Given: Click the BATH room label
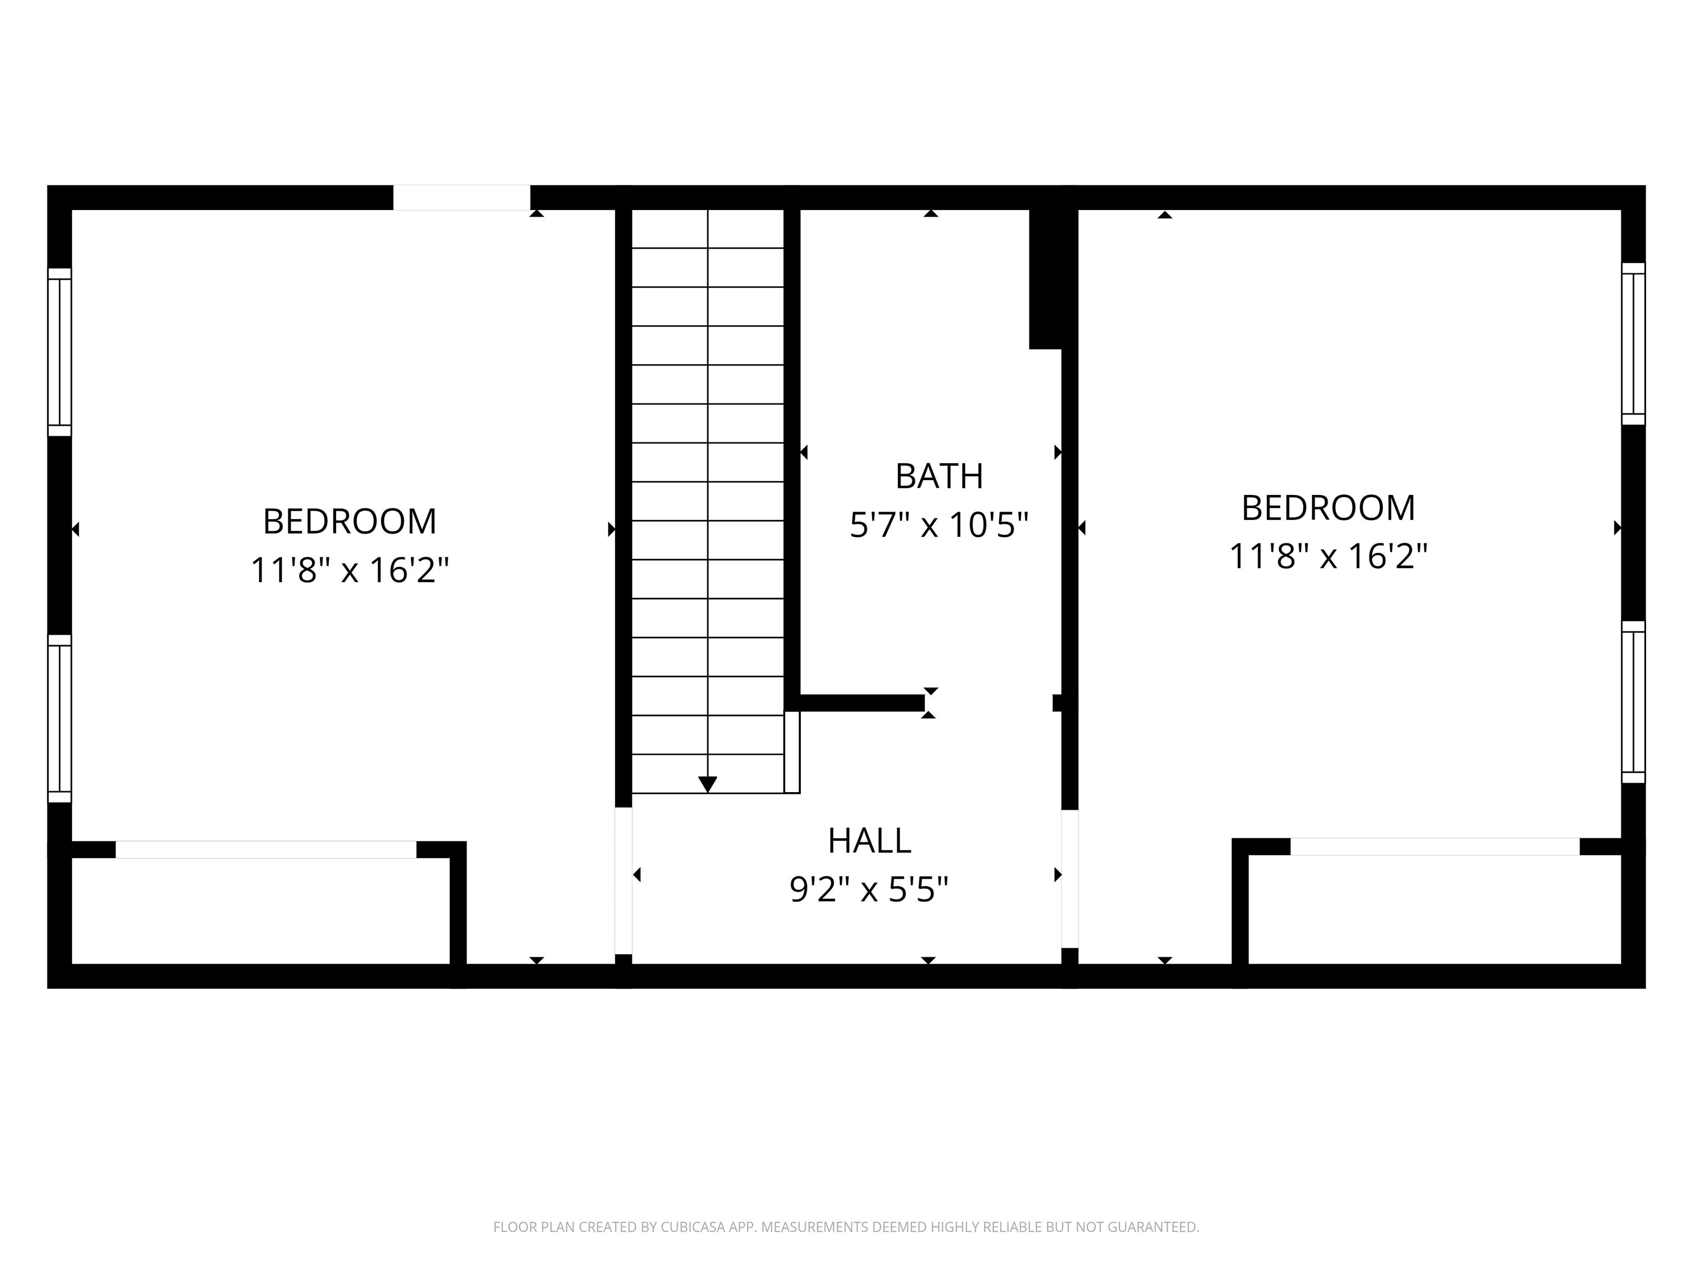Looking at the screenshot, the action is (939, 476).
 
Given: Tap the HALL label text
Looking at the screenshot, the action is (870, 841).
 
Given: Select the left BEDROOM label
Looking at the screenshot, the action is (350, 521).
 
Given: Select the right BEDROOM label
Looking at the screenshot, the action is (1328, 508).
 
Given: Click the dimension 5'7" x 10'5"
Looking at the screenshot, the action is (939, 525).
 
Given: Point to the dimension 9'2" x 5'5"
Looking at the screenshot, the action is (870, 890).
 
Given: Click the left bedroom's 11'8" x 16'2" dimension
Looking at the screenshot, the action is (350, 571).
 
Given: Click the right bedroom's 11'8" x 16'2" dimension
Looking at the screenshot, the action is (1328, 557).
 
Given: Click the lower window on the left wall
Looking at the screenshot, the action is (60, 719).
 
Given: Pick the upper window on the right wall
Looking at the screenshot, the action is (1633, 344).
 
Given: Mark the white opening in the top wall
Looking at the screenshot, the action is (461, 197).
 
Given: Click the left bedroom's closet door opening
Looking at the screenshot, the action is (266, 850).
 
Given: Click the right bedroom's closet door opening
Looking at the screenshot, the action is (1435, 847).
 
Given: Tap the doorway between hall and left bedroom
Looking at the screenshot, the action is (624, 880).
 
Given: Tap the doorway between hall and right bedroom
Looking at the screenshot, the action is (1070, 879).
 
